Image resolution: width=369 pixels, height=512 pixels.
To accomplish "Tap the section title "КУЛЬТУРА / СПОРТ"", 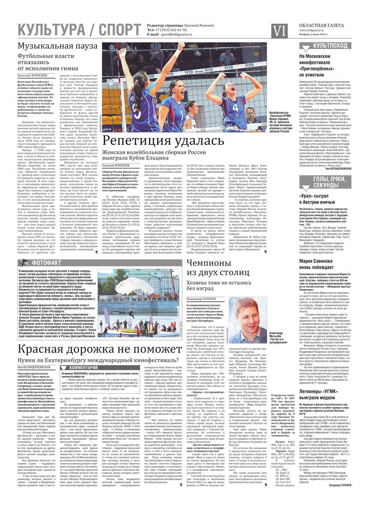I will coord(79,30).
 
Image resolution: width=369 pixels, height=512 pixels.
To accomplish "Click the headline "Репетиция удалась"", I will coord(167,141).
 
